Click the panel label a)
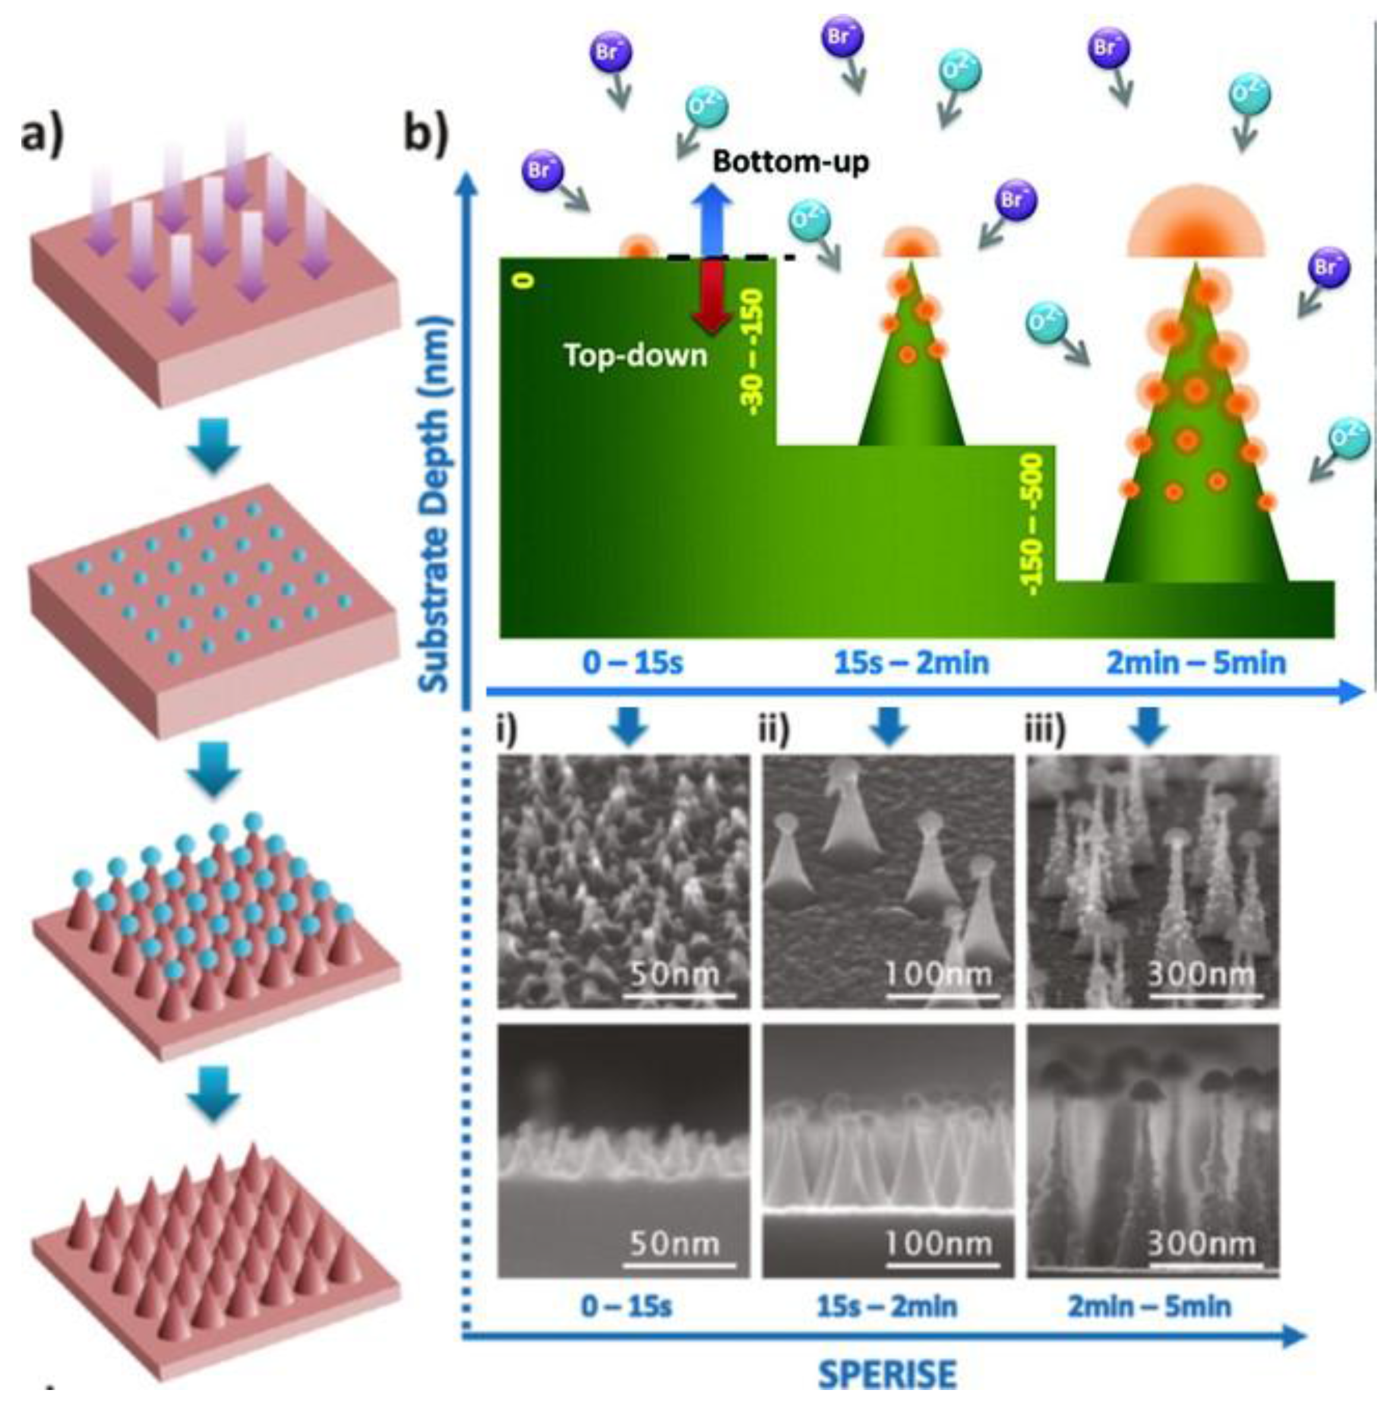(42, 136)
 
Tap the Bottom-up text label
(791, 161)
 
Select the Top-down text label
(636, 355)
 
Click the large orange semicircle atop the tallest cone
(1197, 226)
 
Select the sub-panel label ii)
(775, 730)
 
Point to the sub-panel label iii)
(1045, 730)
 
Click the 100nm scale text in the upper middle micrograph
(939, 973)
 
